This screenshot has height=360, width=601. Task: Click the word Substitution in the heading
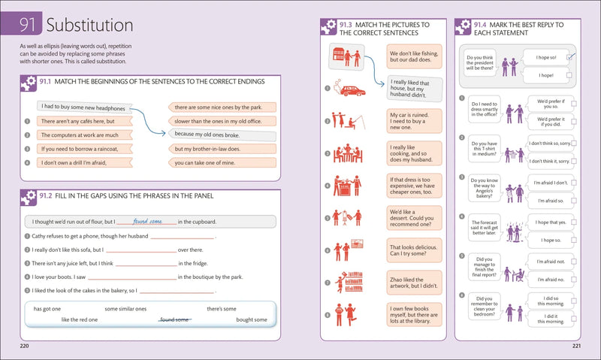89,26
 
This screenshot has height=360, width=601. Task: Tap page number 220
24,346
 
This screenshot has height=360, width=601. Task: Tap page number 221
576,346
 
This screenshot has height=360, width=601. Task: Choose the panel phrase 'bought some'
251,319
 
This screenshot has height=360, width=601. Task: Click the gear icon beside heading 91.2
28,198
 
